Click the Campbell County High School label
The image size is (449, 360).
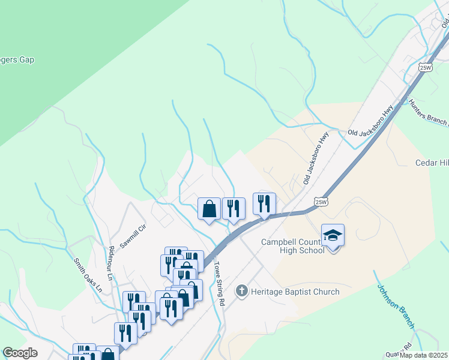click(292, 246)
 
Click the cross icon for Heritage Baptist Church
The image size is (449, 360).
click(242, 292)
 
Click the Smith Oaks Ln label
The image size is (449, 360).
click(88, 276)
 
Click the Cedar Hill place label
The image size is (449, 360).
click(432, 163)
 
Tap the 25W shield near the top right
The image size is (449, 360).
click(426, 67)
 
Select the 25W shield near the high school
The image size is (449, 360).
click(322, 202)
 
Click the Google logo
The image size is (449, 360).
click(20, 353)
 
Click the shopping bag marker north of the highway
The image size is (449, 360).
click(209, 209)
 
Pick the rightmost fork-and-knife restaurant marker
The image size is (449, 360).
click(264, 204)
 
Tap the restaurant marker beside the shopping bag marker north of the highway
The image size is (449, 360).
click(234, 209)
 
